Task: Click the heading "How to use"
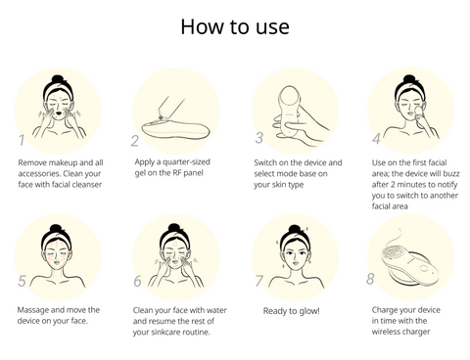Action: (235, 26)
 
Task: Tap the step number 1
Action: (22, 140)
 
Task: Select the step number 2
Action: (134, 141)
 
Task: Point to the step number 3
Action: (258, 138)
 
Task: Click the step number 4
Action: (376, 139)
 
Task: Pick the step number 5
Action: (22, 281)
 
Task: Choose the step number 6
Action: (137, 281)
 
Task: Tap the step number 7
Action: (258, 281)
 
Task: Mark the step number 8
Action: (370, 279)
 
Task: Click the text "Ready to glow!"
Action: (292, 311)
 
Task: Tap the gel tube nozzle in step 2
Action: (160, 115)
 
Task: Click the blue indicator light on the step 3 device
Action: (289, 114)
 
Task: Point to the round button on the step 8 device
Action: (423, 268)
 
